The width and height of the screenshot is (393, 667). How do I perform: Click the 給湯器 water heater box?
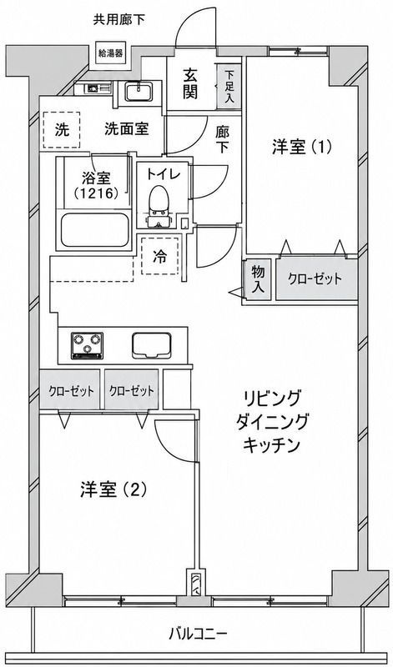point(111,53)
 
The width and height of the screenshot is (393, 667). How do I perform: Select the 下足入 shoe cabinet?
point(229,85)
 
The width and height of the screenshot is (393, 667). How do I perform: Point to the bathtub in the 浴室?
point(95,230)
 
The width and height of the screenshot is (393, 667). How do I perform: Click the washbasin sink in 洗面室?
point(139,92)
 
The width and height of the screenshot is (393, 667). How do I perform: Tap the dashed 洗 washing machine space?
point(62,130)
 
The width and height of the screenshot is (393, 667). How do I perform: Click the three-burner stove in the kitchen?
point(88,344)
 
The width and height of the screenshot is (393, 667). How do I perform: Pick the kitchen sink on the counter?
point(152,345)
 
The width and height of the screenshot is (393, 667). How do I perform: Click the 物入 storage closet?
point(257,279)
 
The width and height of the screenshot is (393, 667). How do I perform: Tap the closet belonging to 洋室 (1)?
point(316,278)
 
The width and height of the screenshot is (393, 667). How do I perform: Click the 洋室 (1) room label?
point(301,148)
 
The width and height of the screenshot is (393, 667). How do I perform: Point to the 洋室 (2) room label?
point(113,489)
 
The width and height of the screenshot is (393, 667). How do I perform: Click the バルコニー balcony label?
point(199,634)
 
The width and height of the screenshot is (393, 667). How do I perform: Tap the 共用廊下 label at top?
point(119,20)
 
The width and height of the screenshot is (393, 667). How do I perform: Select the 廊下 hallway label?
point(221,138)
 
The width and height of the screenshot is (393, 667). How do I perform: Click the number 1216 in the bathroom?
point(98,193)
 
